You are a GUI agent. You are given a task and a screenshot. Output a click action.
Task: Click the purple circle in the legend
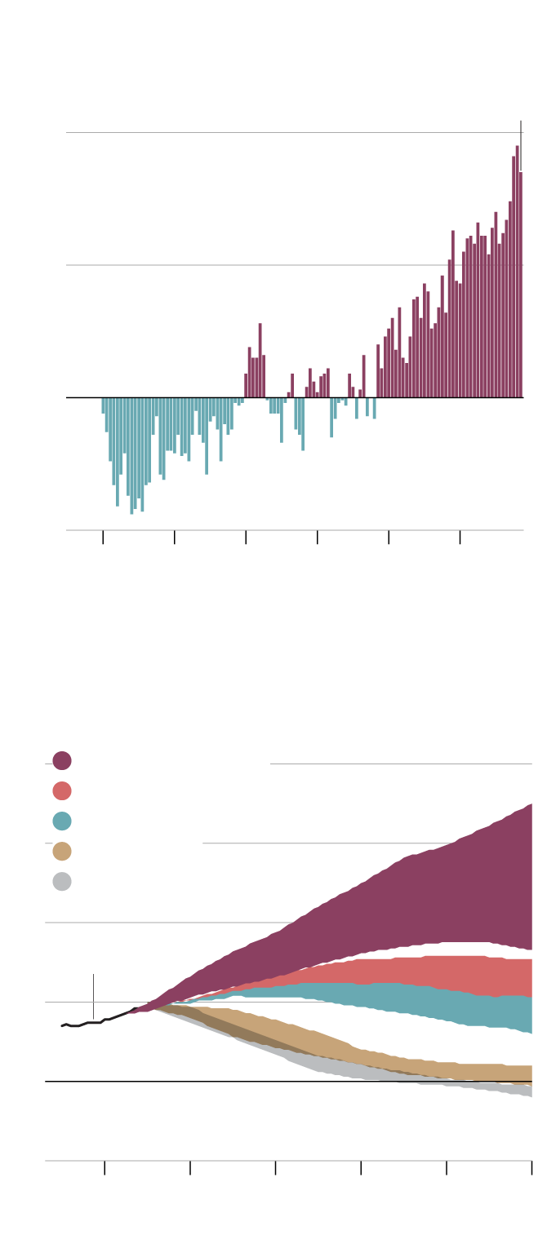tap(62, 761)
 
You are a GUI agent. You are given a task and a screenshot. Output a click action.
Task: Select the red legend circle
tap(62, 791)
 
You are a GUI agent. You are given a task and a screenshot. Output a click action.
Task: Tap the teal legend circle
tap(62, 821)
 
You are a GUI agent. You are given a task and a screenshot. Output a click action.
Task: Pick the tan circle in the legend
tap(62, 852)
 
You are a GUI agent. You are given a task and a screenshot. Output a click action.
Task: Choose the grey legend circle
tap(62, 882)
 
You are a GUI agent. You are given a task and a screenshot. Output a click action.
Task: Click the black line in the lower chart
tap(90, 1022)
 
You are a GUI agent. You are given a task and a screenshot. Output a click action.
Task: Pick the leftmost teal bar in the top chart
tap(103, 405)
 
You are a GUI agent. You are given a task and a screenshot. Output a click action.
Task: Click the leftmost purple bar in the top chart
tap(246, 386)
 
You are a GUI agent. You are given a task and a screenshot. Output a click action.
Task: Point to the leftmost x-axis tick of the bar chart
tap(103, 537)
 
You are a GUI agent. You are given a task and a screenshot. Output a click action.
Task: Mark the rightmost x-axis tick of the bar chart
tap(460, 537)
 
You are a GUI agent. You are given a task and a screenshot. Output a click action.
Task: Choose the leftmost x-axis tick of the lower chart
tap(105, 1167)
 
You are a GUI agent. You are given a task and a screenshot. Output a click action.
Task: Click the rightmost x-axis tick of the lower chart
tap(531, 1167)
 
